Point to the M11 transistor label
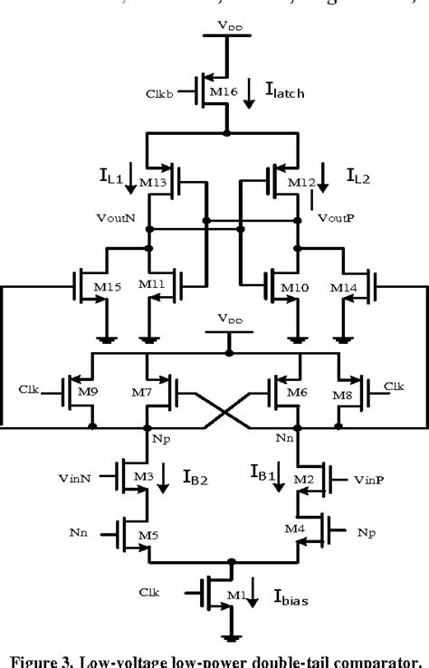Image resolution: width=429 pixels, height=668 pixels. click(151, 285)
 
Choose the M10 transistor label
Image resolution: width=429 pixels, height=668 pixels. click(294, 287)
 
